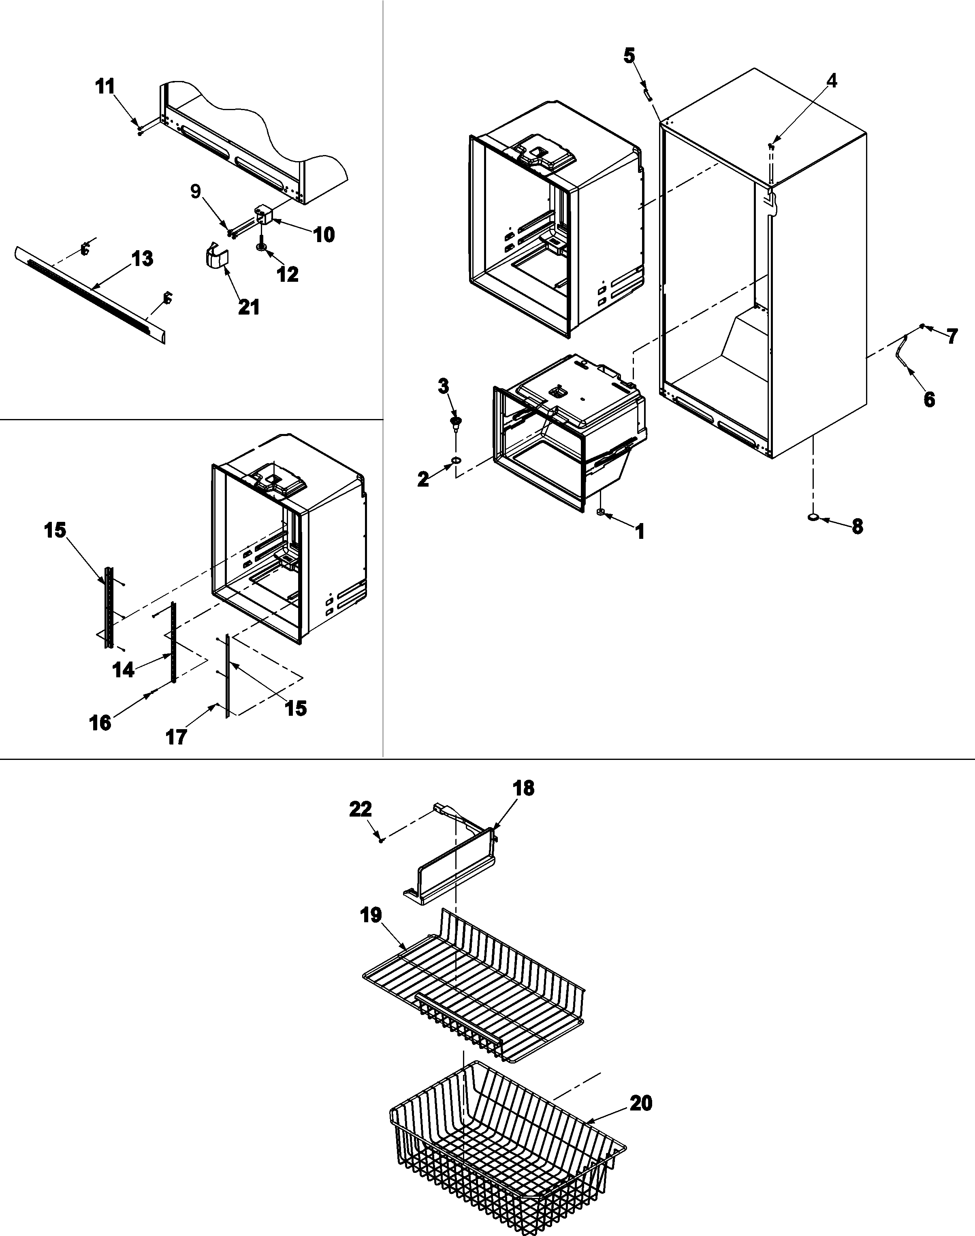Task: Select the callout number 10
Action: click(324, 234)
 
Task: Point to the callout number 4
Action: click(832, 81)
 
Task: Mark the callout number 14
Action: click(123, 670)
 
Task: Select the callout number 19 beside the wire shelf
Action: click(371, 915)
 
